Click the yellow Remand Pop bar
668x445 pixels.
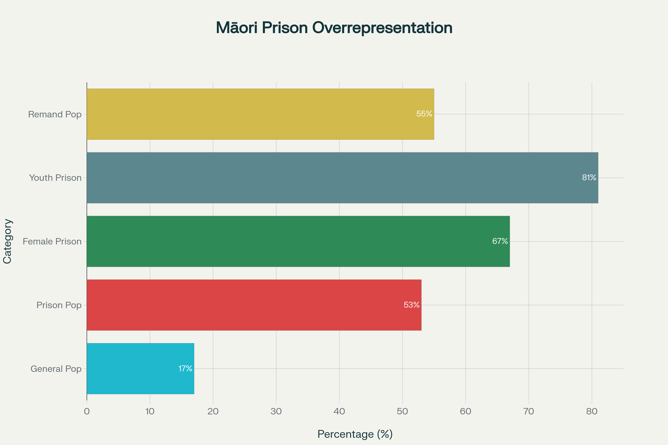click(x=260, y=114)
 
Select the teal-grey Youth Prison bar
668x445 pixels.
click(x=342, y=178)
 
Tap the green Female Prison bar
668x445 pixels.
click(x=298, y=241)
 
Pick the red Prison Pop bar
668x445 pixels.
click(x=254, y=305)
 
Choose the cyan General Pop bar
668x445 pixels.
click(x=140, y=368)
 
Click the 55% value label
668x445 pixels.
click(x=424, y=114)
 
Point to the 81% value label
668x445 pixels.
click(x=589, y=178)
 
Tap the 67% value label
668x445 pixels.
click(x=500, y=241)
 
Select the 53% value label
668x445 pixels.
click(x=412, y=305)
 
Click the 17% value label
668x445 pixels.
click(x=185, y=368)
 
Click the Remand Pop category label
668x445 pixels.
click(x=55, y=114)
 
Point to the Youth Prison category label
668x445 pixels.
click(x=55, y=178)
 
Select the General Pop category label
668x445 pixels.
click(x=56, y=369)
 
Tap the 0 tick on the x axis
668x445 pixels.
click(x=87, y=411)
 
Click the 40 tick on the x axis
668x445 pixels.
click(x=339, y=411)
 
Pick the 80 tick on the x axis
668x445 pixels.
click(x=592, y=411)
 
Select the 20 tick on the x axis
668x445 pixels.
click(x=213, y=411)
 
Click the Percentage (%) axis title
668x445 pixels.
click(x=355, y=434)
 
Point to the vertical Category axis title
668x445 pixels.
click(x=8, y=241)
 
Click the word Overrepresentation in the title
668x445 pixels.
click(x=382, y=28)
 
